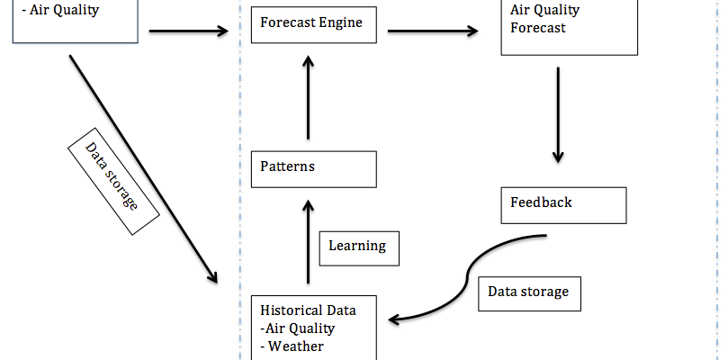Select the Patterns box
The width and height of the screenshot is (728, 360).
[313, 168]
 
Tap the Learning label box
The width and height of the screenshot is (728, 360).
[357, 246]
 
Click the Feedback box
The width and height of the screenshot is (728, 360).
[563, 204]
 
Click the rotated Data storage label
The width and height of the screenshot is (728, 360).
[111, 177]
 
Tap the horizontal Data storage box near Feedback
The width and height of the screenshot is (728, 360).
[528, 292]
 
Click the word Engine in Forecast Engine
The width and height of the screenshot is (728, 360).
[342, 22]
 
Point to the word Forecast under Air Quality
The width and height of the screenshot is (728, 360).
[539, 28]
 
